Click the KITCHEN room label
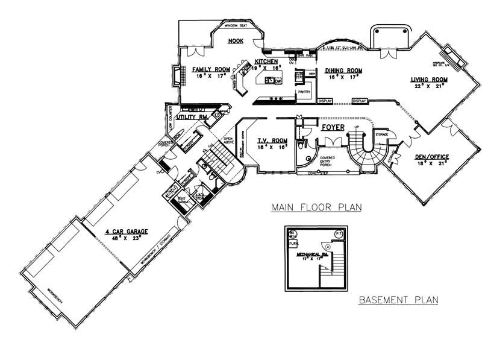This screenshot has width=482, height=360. (x=266, y=62)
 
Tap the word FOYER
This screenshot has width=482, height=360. (x=333, y=128)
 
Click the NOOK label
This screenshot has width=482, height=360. (x=236, y=42)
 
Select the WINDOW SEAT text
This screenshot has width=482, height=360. (x=236, y=27)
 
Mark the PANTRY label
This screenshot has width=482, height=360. (x=304, y=92)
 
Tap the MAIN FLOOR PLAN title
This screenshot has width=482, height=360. (x=315, y=207)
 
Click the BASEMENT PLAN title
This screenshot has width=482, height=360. (x=398, y=300)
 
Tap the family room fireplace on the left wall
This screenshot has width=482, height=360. (x=176, y=77)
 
